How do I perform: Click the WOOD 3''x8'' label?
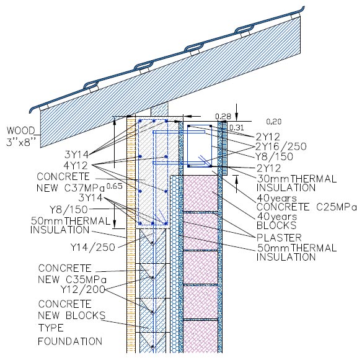tap(21, 137)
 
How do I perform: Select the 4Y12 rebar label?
tap(76, 166)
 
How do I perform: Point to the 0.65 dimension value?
tap(115, 186)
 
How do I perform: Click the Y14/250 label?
tap(93, 248)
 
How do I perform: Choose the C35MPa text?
tap(86, 280)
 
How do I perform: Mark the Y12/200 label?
tap(83, 289)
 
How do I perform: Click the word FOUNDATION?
tap(70, 341)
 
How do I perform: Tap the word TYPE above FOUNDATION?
tap(51, 328)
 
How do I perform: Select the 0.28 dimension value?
tap(223, 116)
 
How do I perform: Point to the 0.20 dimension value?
tap(274, 122)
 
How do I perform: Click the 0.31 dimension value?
tap(237, 128)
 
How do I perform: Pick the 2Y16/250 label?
tap(281, 146)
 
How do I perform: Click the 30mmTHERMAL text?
tap(297, 179)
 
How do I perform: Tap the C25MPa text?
tap(337, 207)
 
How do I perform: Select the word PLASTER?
tap(279, 238)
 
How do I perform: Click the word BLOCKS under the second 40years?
tap(276, 225)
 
